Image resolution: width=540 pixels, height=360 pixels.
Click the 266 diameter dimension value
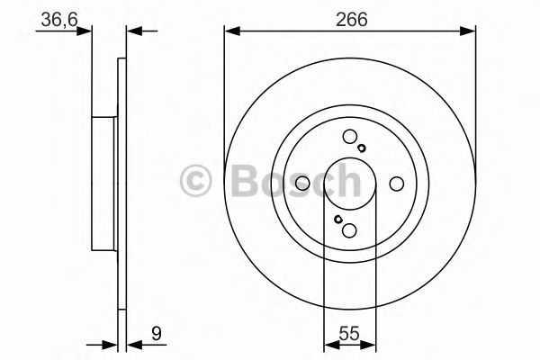352,20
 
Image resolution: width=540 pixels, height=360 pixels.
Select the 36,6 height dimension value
59,20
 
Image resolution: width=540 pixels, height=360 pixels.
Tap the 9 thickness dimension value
157,334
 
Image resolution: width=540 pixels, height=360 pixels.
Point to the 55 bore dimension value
349,334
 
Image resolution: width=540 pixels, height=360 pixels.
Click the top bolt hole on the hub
349,137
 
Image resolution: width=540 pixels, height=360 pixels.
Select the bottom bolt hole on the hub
349,229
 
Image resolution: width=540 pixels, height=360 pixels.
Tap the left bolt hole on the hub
302,184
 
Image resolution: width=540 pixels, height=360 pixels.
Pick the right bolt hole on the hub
396,184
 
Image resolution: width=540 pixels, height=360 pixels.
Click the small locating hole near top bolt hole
361,148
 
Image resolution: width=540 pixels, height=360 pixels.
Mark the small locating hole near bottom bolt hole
337,219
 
